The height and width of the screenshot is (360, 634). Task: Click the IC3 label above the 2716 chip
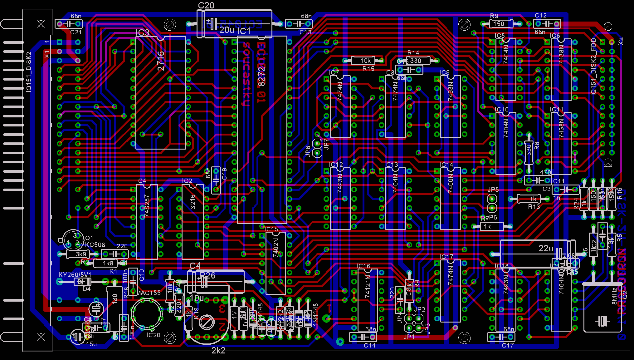point(143,33)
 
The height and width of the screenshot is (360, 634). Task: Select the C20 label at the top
point(206,6)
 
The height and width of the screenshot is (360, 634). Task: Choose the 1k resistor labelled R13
point(533,199)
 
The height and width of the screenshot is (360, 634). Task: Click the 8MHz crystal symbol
point(602,321)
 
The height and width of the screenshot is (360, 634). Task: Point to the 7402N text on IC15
point(276,248)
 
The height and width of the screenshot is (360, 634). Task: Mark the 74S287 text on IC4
point(147,206)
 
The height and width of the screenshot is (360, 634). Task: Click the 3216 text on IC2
point(193,202)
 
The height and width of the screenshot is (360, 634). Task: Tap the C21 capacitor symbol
point(69,24)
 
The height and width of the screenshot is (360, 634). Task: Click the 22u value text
point(546,249)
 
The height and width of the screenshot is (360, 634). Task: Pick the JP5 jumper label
point(493,190)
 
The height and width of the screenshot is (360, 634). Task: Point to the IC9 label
point(445,72)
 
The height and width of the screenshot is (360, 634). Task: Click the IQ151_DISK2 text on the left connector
point(29,72)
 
